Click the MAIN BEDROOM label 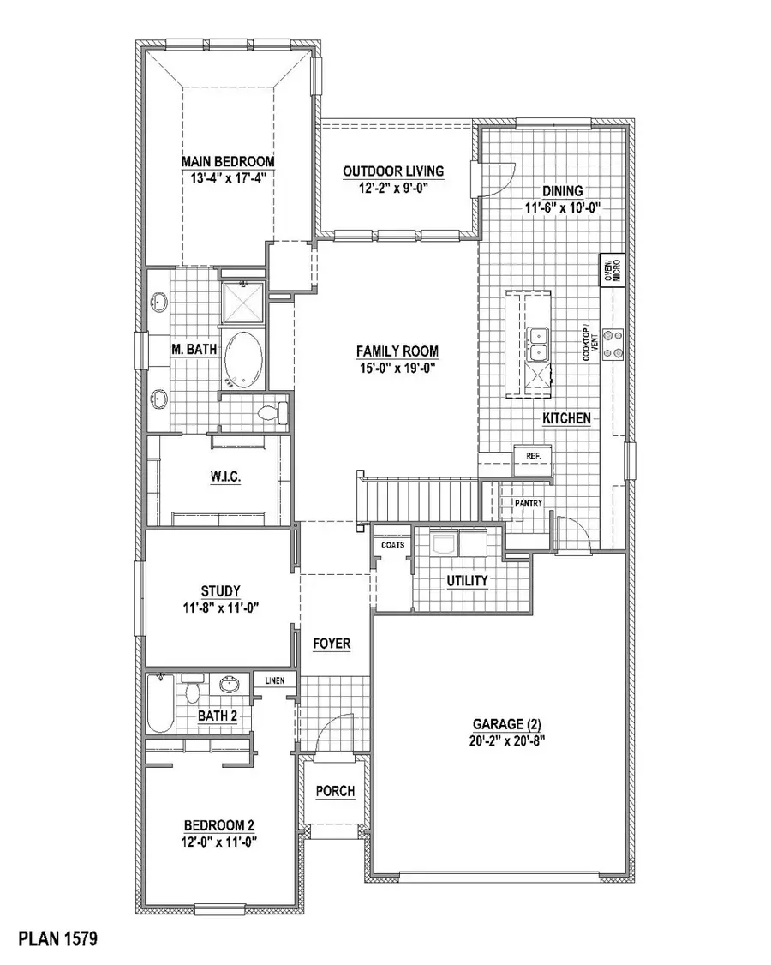click(227, 161)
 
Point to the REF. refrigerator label click(532, 456)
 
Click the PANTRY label click(528, 503)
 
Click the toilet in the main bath click(271, 413)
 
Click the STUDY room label click(220, 590)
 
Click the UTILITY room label click(468, 581)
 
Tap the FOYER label click(332, 644)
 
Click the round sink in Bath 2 click(229, 685)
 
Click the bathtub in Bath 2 click(160, 704)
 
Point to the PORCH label click(335, 791)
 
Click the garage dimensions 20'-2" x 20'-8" click(496, 741)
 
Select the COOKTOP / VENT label click(588, 345)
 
